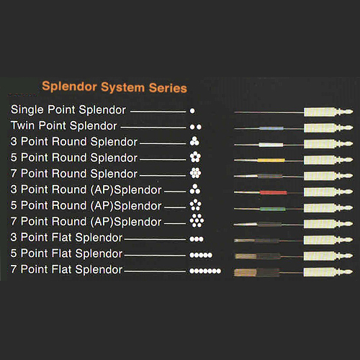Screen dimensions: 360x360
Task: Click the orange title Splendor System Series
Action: pyautogui.click(x=114, y=87)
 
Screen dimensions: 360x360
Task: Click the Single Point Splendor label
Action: pyautogui.click(x=68, y=110)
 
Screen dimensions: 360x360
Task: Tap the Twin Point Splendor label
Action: pyautogui.click(x=63, y=126)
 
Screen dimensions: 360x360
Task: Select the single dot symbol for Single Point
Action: pyautogui.click(x=192, y=111)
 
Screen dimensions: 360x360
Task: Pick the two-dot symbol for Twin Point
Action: pyautogui.click(x=196, y=127)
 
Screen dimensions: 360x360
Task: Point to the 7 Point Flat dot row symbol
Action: pyautogui.click(x=205, y=271)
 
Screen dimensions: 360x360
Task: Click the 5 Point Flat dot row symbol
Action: pyautogui.click(x=201, y=255)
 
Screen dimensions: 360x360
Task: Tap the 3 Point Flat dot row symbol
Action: pyautogui.click(x=197, y=239)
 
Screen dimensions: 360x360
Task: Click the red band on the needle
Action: pyautogui.click(x=273, y=192)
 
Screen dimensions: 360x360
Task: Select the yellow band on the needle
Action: pyautogui.click(x=271, y=160)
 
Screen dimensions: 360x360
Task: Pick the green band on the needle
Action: pyautogui.click(x=273, y=209)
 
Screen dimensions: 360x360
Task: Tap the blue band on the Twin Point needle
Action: pyautogui.click(x=271, y=129)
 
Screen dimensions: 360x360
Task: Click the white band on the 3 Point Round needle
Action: pyautogui.click(x=271, y=145)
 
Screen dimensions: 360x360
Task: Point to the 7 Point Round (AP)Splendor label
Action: pyautogui.click(x=86, y=222)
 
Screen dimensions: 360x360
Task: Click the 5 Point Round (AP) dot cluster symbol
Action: pyautogui.click(x=196, y=205)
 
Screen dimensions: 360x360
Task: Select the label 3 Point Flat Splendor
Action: pyautogui.click(x=66, y=238)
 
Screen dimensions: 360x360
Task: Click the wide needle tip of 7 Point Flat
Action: pyautogui.click(x=246, y=272)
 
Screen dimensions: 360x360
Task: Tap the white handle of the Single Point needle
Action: pyautogui.click(x=320, y=112)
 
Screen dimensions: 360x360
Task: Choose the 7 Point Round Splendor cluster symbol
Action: pyautogui.click(x=195, y=173)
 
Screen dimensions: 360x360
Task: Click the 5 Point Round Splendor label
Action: pyautogui.click(x=74, y=158)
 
